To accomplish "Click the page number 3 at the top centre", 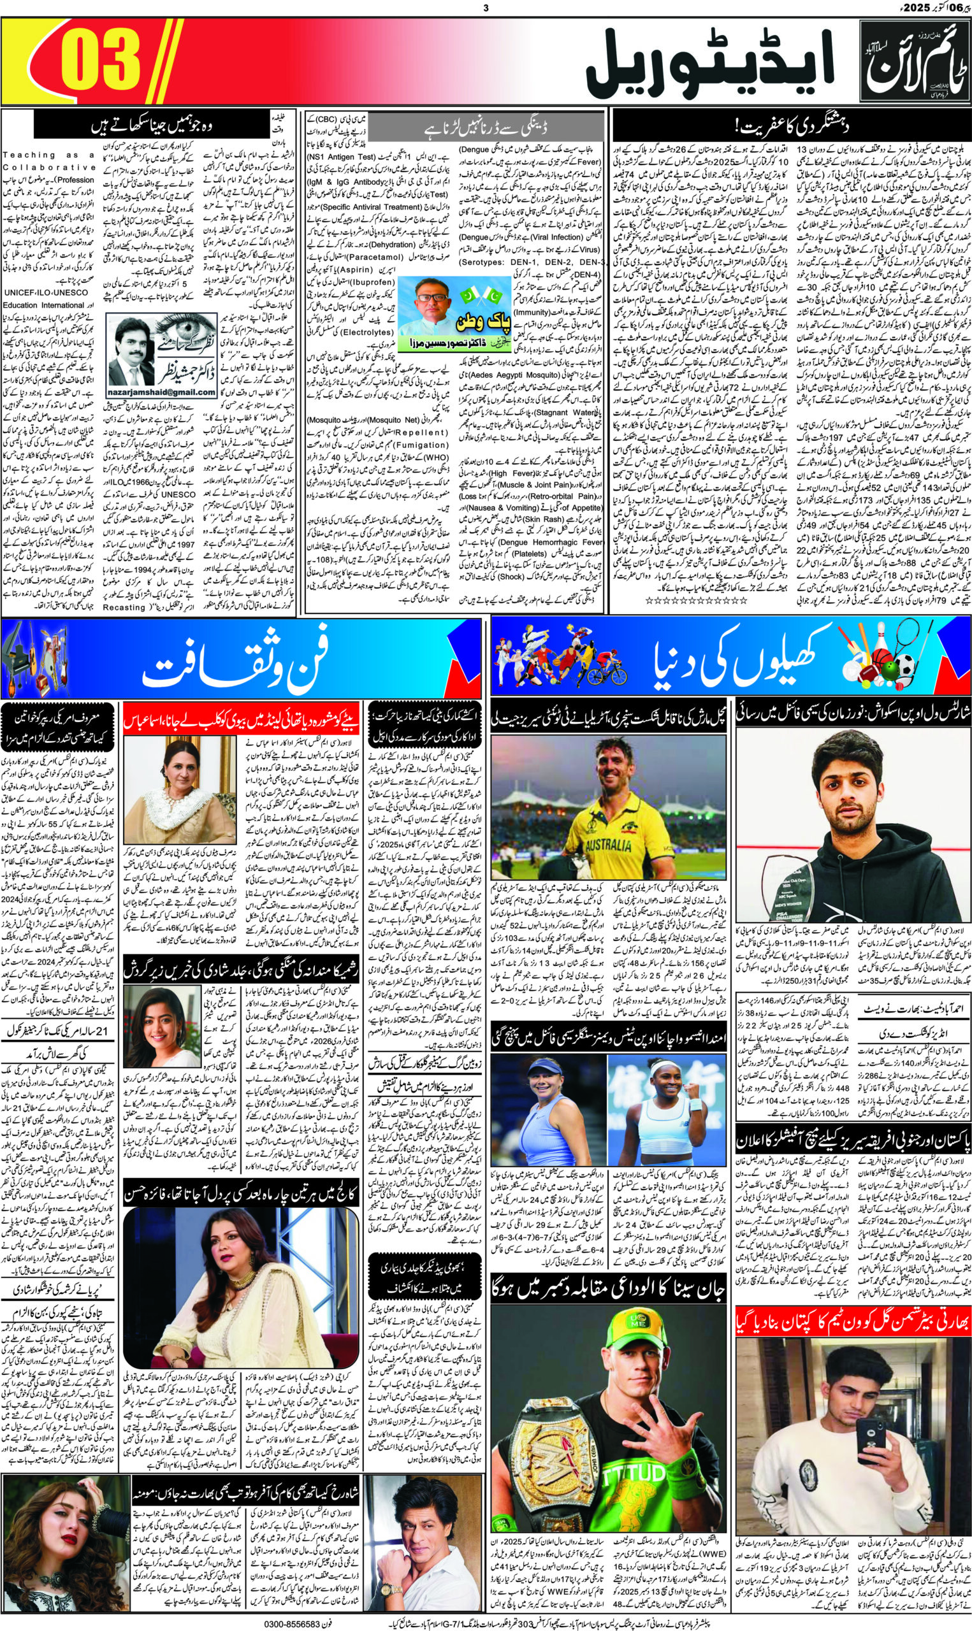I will pos(485,7).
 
